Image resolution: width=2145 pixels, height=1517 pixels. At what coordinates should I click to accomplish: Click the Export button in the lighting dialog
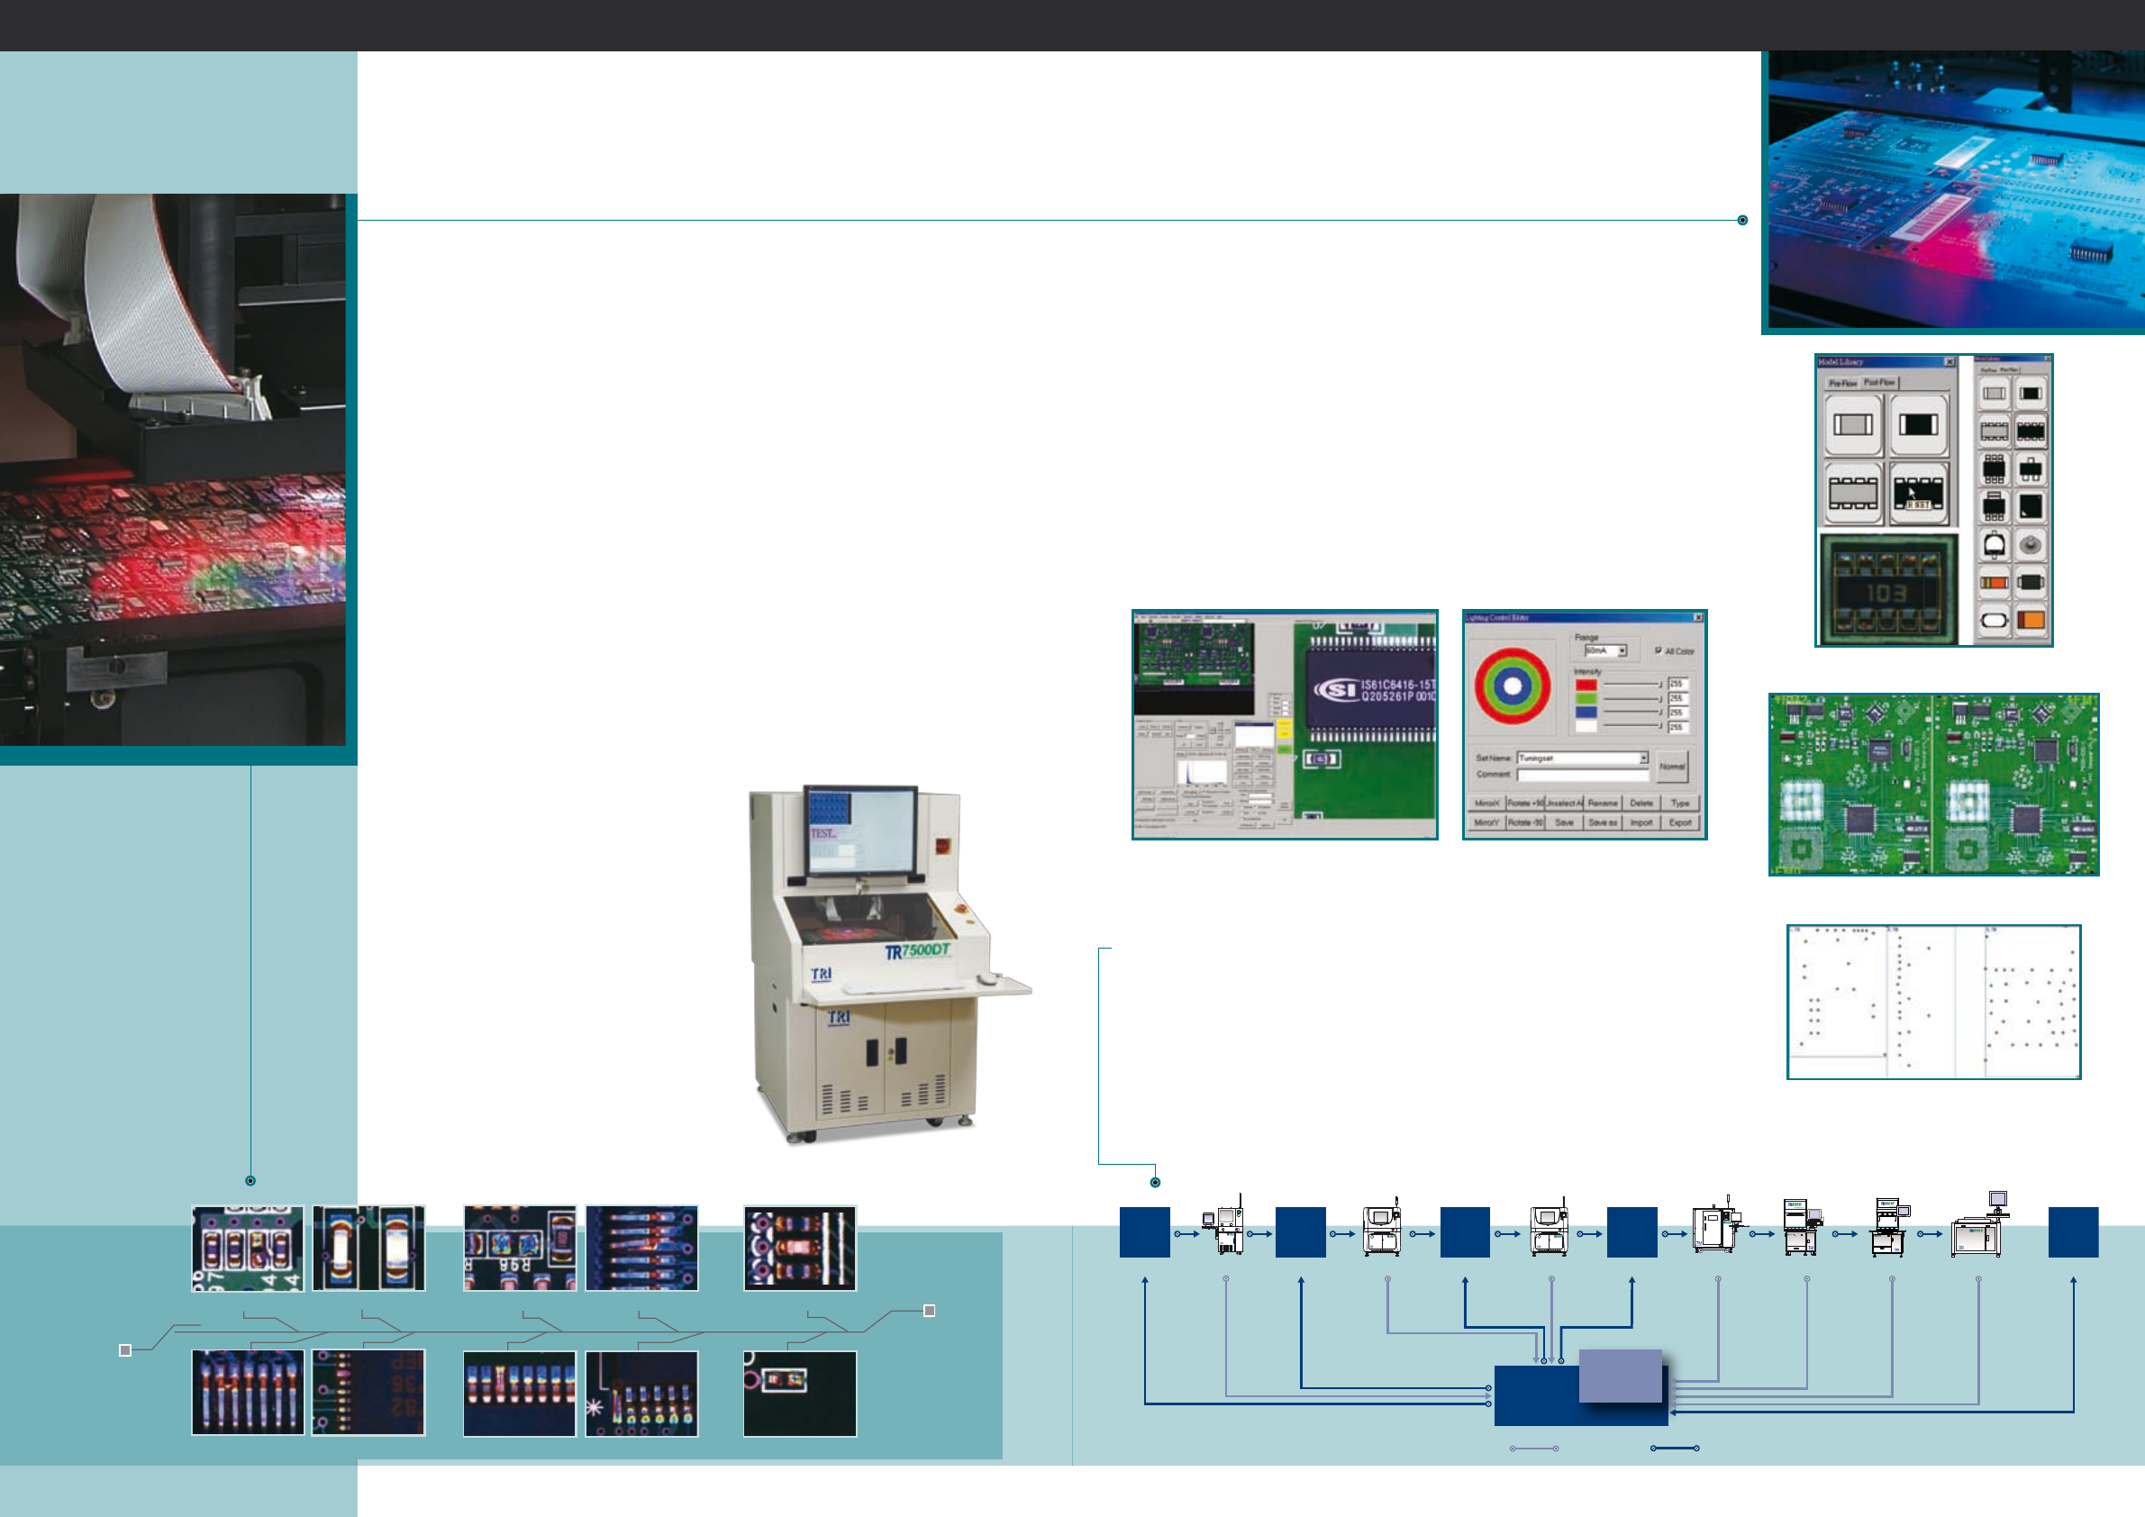[x=1680, y=823]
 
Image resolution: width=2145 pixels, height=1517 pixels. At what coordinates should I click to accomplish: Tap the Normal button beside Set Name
[x=1672, y=767]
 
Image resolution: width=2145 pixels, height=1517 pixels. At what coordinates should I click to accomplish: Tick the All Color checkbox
[x=1659, y=650]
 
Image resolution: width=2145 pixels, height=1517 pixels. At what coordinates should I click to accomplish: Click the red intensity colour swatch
[x=1586, y=685]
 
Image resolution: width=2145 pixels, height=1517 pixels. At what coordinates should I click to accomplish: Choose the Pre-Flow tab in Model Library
[x=1842, y=383]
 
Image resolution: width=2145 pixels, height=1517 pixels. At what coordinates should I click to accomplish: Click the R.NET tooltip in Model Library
[x=1918, y=505]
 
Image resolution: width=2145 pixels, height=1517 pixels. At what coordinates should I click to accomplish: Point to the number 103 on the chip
[x=1886, y=593]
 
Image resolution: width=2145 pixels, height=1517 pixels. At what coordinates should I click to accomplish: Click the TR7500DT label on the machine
[x=916, y=951]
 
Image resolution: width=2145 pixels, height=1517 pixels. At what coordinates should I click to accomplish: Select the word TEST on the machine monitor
[x=823, y=833]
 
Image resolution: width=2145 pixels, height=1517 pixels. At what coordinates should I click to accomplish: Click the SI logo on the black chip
[x=1335, y=689]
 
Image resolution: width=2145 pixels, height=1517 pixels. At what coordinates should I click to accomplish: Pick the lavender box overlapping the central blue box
[x=1620, y=1376]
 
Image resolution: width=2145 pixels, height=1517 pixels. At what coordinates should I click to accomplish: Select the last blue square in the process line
[x=2073, y=1232]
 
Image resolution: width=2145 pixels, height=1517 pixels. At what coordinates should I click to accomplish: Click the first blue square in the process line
[x=1144, y=1232]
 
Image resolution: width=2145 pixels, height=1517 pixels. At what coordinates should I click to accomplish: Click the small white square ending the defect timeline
[x=929, y=1311]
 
